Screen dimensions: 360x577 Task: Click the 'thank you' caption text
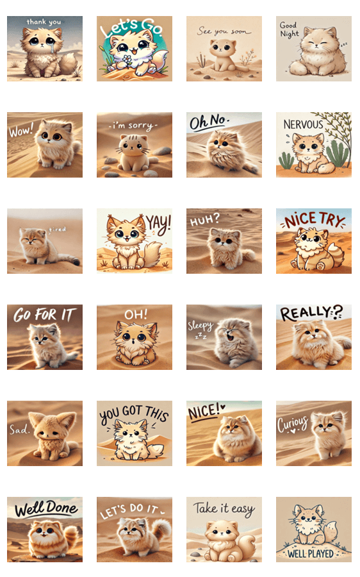pos(44,22)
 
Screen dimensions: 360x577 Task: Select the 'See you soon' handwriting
pos(224,31)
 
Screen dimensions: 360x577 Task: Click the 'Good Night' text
pos(289,29)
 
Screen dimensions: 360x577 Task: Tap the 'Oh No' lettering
pos(208,121)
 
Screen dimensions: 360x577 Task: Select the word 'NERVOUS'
pos(303,124)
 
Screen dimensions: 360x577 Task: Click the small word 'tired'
pos(58,230)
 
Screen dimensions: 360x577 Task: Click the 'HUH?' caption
pos(204,220)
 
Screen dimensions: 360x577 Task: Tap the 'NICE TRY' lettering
pos(314,220)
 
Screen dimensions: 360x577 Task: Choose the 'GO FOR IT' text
pos(44,315)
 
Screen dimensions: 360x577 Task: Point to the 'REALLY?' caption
pos(311,313)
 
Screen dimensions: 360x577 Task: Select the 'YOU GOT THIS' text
pos(134,414)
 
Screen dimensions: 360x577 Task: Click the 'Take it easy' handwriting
pos(224,509)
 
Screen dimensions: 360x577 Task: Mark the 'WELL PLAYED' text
pos(311,553)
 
